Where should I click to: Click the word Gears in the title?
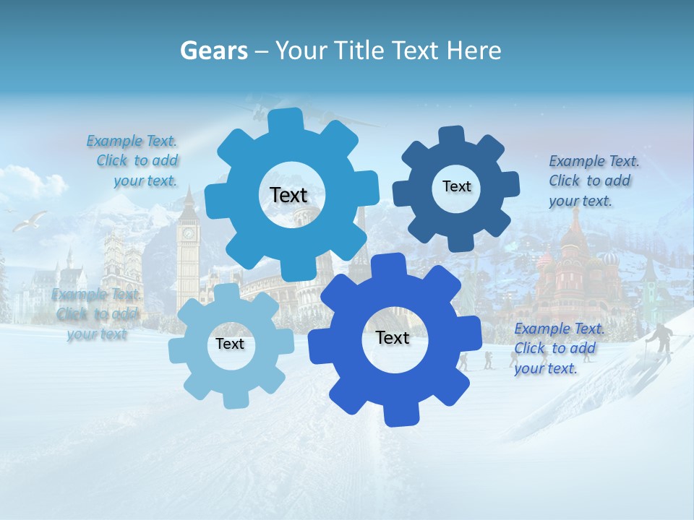tap(213, 51)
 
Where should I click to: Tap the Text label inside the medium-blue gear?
tap(288, 195)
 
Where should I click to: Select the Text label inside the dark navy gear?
tap(456, 186)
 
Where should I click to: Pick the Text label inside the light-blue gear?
tap(230, 344)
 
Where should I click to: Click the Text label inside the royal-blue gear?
tap(392, 337)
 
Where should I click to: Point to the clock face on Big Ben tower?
tap(189, 233)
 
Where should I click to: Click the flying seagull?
tap(30, 220)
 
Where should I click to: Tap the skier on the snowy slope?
tap(661, 340)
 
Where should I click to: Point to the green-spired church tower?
tap(650, 285)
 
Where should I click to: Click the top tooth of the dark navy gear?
tap(453, 136)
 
